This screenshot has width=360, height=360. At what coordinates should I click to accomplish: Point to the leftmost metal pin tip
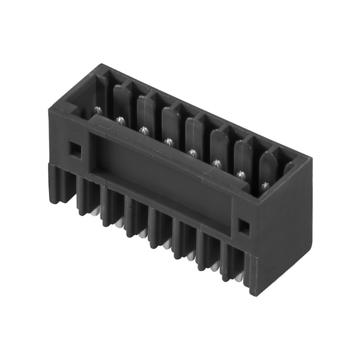click(x=97, y=110)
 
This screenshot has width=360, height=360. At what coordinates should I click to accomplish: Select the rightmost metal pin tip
click(x=265, y=186)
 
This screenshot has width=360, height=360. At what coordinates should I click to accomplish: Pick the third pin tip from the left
click(x=144, y=131)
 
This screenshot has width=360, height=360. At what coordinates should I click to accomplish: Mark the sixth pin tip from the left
click(x=216, y=164)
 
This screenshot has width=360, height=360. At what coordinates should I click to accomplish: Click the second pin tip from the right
click(x=241, y=175)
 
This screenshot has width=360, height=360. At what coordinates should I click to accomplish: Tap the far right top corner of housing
click(x=312, y=158)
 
